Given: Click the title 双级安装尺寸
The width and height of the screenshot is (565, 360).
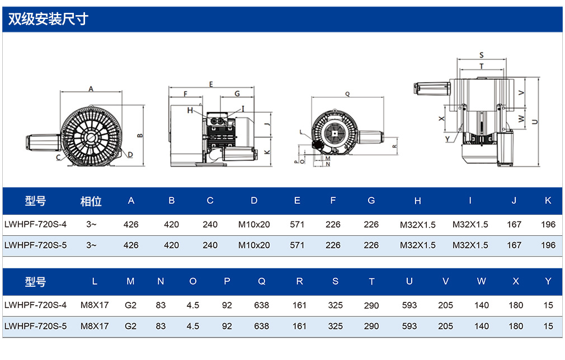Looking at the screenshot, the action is click(x=48, y=19).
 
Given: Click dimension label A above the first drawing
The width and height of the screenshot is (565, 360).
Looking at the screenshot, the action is click(x=91, y=88).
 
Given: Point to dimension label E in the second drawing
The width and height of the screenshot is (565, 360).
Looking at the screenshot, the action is click(x=211, y=84).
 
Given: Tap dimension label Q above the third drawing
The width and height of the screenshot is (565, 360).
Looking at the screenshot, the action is click(x=347, y=94).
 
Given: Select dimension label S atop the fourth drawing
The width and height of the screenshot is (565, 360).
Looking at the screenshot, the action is click(x=482, y=55).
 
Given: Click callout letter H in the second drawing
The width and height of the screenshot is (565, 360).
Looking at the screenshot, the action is click(x=190, y=110).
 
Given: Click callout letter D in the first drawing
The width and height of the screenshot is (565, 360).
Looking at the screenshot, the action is click(x=130, y=155).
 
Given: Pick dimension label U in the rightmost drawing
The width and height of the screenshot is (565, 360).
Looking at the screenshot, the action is click(x=535, y=122).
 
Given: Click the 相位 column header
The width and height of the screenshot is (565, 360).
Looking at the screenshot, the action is click(x=91, y=201).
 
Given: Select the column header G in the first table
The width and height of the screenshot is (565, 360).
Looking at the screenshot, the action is click(x=371, y=201).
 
